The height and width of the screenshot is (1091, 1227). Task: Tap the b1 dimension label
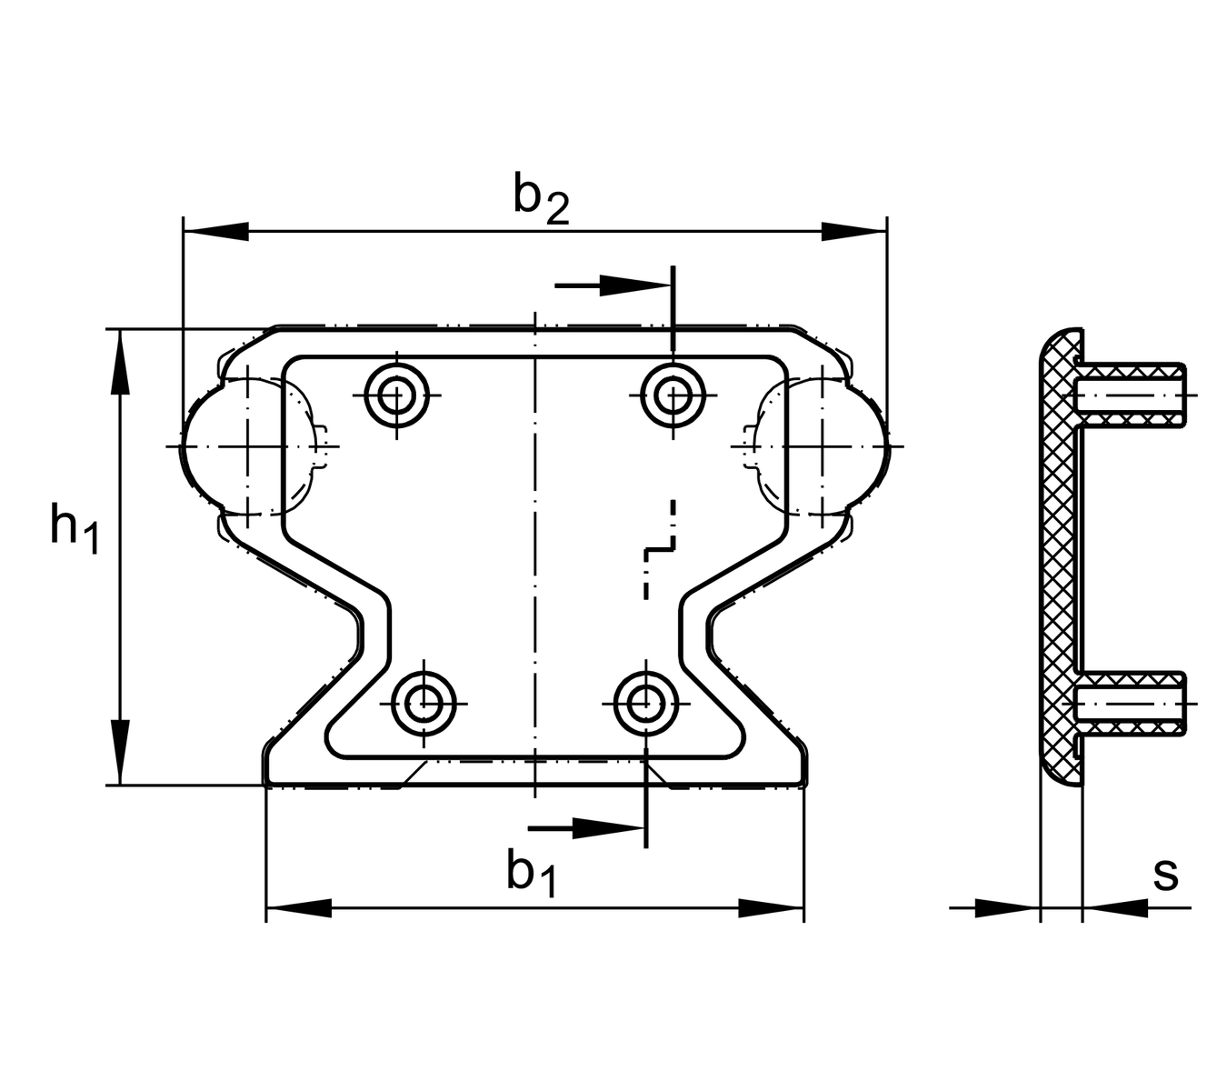point(532,874)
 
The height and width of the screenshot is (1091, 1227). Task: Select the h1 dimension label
point(73,528)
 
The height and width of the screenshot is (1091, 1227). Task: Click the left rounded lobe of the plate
point(218,446)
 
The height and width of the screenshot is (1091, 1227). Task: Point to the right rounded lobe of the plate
point(850,446)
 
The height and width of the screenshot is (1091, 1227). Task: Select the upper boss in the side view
point(1132,396)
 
